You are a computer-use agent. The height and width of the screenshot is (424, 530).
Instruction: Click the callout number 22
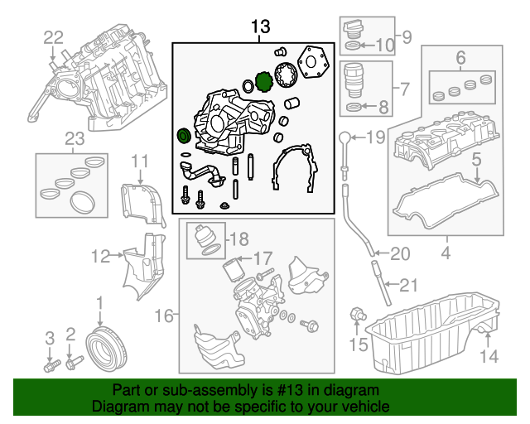(x=53, y=37)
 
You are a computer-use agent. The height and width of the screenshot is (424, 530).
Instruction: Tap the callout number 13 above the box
(x=261, y=28)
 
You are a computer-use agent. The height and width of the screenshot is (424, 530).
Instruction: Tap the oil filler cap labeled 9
(x=354, y=28)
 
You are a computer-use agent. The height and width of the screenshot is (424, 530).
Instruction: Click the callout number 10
(x=387, y=44)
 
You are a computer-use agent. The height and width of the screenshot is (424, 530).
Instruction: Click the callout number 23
(x=75, y=140)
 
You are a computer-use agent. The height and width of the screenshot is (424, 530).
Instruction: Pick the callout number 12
(x=101, y=257)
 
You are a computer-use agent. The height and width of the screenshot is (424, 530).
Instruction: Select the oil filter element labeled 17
(x=231, y=271)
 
